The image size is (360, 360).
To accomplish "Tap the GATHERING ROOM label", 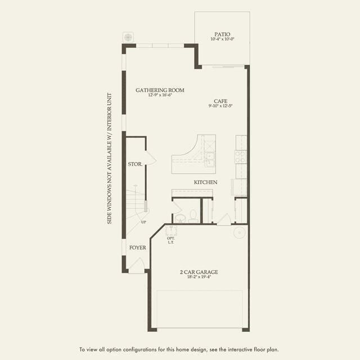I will [x=160, y=90].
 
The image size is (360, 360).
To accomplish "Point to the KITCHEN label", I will [x=206, y=182].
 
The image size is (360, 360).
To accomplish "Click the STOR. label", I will [x=134, y=165].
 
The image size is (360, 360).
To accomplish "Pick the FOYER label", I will [x=137, y=247].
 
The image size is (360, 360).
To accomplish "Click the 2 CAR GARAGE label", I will [x=199, y=272].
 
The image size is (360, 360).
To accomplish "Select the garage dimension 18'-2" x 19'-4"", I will [x=199, y=278].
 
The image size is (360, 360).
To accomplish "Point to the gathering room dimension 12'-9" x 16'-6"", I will [x=160, y=96].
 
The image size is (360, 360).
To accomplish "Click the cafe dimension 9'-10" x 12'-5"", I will [x=220, y=105].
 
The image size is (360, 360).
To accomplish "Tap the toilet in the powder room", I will [x=192, y=215].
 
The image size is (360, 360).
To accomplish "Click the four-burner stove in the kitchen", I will [x=241, y=156].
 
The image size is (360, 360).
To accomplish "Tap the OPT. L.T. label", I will [x=171, y=240].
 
